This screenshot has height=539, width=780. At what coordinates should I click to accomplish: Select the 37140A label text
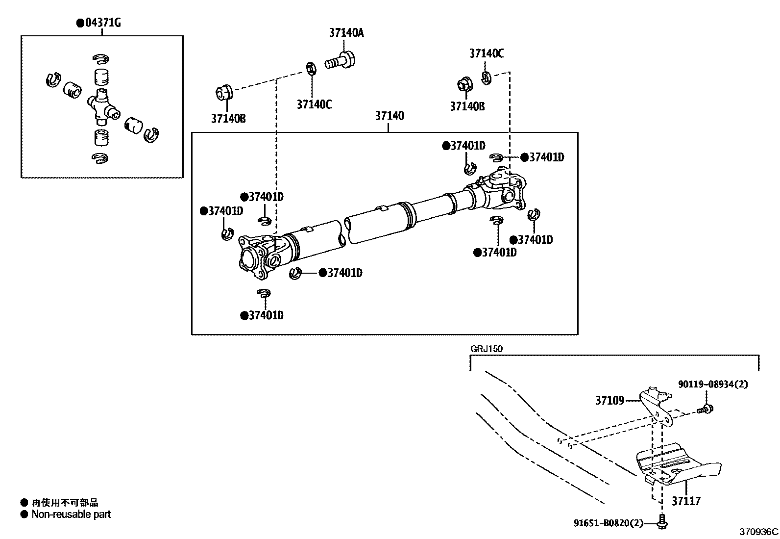pyautogui.click(x=346, y=33)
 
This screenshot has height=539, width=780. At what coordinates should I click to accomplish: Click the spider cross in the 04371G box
pyautogui.click(x=101, y=104)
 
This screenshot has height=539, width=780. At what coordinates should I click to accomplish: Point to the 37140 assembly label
pyautogui.click(x=390, y=116)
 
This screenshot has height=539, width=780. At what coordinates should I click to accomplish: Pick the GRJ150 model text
pyautogui.click(x=487, y=349)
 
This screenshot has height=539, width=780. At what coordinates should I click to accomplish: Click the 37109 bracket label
pyautogui.click(x=609, y=401)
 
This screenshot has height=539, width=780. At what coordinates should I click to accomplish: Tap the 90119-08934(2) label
pyautogui.click(x=713, y=384)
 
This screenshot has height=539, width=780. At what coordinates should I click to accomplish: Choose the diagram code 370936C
pyautogui.click(x=758, y=532)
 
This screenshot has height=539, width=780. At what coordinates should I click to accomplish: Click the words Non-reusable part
pyautogui.click(x=71, y=514)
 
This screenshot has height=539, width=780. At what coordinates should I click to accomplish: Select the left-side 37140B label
pyautogui.click(x=228, y=118)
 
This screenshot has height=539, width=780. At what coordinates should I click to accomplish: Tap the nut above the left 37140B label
pyautogui.click(x=224, y=92)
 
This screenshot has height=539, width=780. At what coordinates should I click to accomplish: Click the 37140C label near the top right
pyautogui.click(x=486, y=53)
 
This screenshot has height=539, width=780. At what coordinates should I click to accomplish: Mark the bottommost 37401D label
pyautogui.click(x=266, y=315)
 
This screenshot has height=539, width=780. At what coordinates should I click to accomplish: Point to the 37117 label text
pyautogui.click(x=686, y=501)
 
